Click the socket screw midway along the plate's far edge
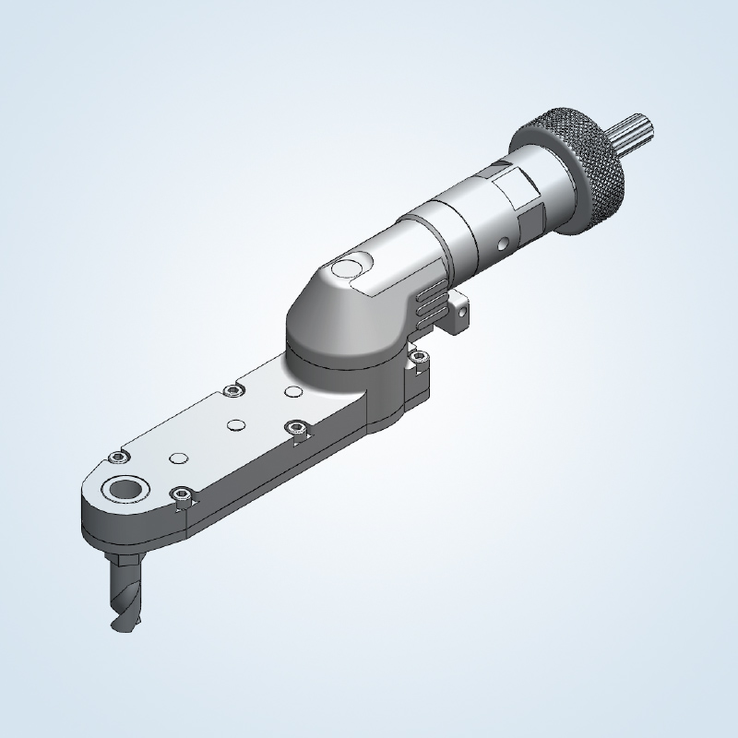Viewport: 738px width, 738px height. point(231,391)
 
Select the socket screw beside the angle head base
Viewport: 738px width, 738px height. point(418,355)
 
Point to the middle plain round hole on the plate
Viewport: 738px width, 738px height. point(236,424)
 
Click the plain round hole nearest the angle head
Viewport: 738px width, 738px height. point(293,392)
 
